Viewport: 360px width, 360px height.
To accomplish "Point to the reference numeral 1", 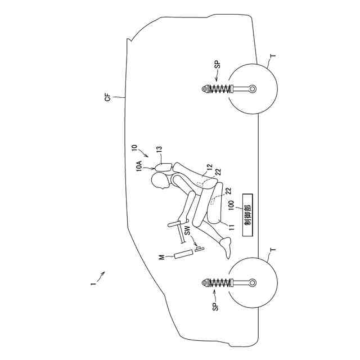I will click(x=92, y=284).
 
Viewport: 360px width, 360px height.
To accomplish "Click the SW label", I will click(x=187, y=229).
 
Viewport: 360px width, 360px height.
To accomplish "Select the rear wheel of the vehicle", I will click(x=253, y=89).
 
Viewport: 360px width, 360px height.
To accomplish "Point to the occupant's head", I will click(x=161, y=181).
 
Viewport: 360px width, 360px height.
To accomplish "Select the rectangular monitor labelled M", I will click(x=183, y=254).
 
